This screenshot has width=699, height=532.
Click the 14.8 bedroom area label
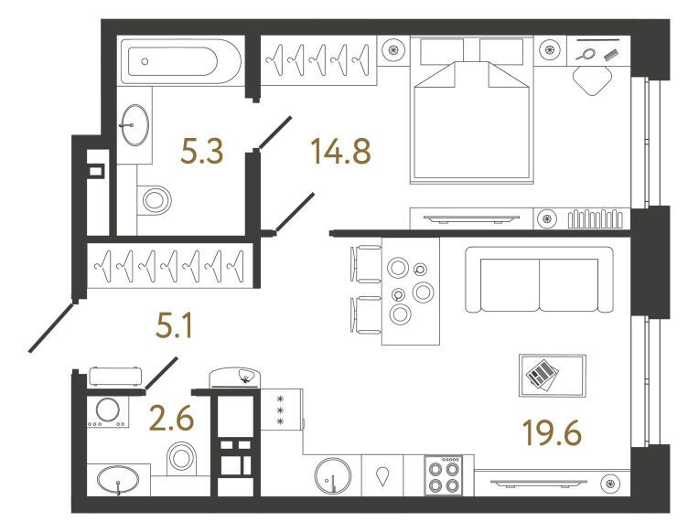pyautogui.click(x=341, y=151)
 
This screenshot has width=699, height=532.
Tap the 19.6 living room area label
pyautogui.click(x=552, y=432)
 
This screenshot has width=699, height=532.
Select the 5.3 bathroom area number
pyautogui.click(x=201, y=151)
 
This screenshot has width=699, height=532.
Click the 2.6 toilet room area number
pyautogui.click(x=172, y=419)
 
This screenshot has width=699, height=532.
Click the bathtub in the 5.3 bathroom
pyautogui.click(x=181, y=61)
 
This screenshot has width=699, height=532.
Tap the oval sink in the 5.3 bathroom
pyautogui.click(x=134, y=125)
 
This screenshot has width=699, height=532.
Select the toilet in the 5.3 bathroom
pyautogui.click(x=154, y=200)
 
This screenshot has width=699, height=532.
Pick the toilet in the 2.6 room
pyautogui.click(x=181, y=458)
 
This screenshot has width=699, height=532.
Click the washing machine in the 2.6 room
pyautogui.click(x=107, y=411)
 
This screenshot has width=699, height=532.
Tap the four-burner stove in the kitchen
pyautogui.click(x=443, y=475)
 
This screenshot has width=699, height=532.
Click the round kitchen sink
pyautogui.click(x=332, y=476)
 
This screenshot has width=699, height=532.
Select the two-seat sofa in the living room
pyautogui.click(x=539, y=280)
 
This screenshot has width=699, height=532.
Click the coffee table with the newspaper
pyautogui.click(x=553, y=375)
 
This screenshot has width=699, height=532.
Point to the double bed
pyautogui.click(x=472, y=110)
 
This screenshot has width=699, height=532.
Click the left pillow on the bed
pyautogui.click(x=441, y=50)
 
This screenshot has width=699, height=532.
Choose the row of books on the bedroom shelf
pyautogui.click(x=595, y=218)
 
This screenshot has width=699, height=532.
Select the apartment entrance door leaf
pyautogui.click(x=51, y=327)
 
